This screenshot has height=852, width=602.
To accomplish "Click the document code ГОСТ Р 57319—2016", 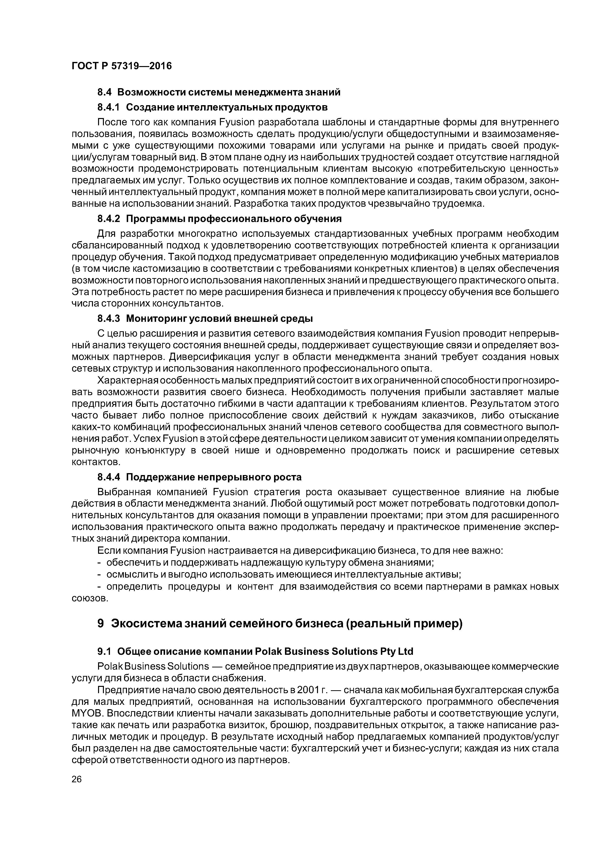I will click(x=122, y=66).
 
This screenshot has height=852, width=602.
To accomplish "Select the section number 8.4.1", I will click(x=109, y=108).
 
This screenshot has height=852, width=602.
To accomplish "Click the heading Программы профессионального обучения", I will click(x=234, y=219).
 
